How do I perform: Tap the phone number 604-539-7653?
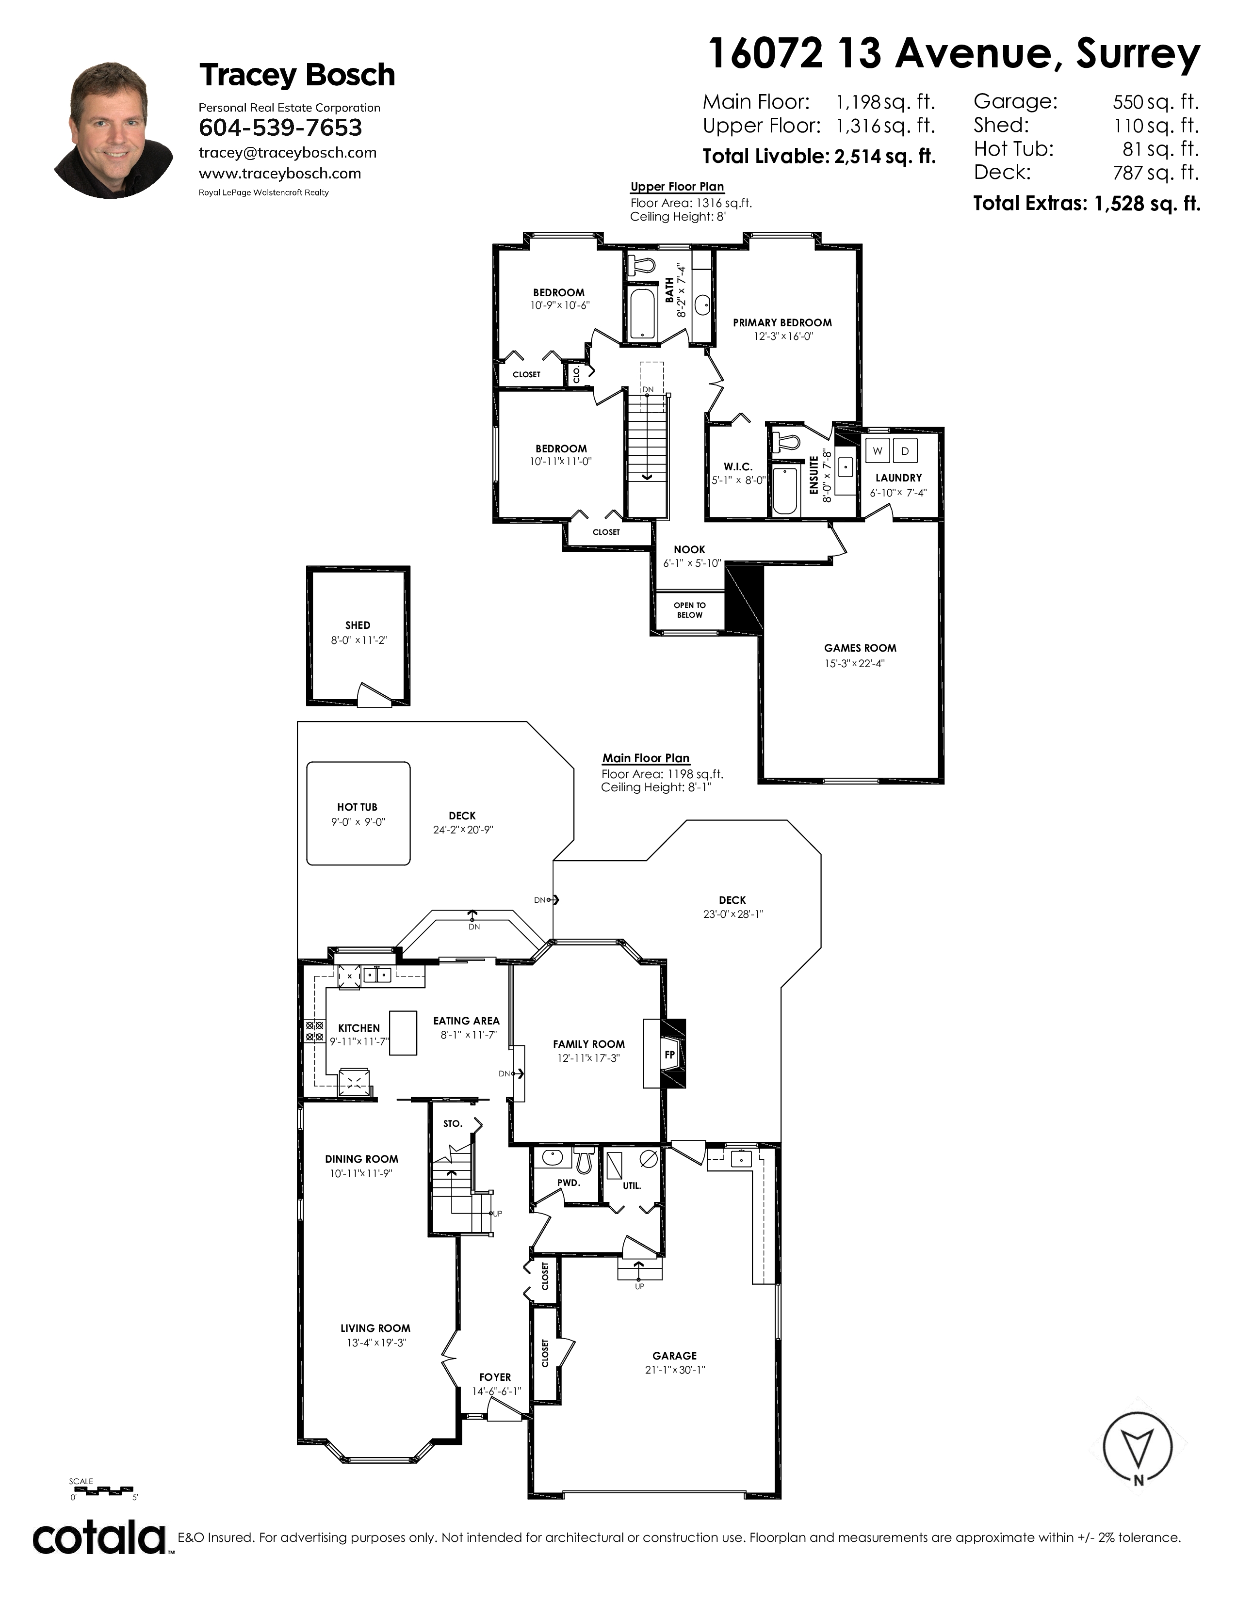click(281, 128)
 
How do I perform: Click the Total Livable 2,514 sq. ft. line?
click(818, 156)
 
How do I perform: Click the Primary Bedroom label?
click(782, 322)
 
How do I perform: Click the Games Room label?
click(860, 648)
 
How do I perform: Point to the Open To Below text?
click(690, 609)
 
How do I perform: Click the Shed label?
click(358, 625)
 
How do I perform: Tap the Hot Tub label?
click(357, 807)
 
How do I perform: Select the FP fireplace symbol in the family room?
click(668, 1055)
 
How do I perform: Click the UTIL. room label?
click(632, 1184)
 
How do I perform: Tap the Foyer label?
click(495, 1377)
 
